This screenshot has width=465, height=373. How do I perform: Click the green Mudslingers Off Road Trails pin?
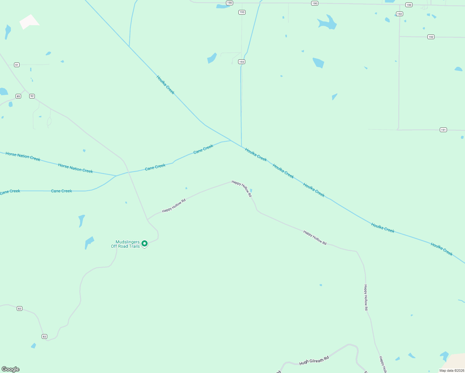(x=145, y=243)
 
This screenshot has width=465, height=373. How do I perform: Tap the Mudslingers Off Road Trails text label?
(x=126, y=244)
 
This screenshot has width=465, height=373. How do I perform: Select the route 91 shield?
(x=17, y=65)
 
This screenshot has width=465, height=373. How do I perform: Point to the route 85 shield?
(x=18, y=96)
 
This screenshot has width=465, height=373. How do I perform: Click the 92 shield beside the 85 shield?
(x=32, y=96)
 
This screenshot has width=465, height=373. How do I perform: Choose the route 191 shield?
(x=443, y=130)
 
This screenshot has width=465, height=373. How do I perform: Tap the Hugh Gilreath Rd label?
(x=314, y=361)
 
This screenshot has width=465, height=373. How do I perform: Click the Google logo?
(x=11, y=369)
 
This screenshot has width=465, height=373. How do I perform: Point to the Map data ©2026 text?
(x=452, y=371)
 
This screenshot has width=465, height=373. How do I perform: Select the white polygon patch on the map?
(x=29, y=22)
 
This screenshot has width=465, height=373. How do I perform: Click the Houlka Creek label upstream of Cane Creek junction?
(x=165, y=85)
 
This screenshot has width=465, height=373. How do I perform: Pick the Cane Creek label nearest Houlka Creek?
(x=203, y=149)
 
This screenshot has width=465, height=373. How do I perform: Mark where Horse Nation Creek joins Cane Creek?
(x=116, y=176)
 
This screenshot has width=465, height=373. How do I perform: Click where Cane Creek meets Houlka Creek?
(x=231, y=140)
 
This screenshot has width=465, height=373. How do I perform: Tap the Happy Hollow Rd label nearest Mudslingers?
(x=174, y=205)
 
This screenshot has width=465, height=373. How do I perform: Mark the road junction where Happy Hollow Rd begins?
(x=147, y=219)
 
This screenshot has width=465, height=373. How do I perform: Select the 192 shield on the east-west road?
(x=431, y=37)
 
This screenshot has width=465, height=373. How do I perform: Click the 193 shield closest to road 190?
(x=242, y=12)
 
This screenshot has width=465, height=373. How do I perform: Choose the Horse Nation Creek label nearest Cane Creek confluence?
(x=76, y=168)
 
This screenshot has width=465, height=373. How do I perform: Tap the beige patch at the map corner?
(x=456, y=362)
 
